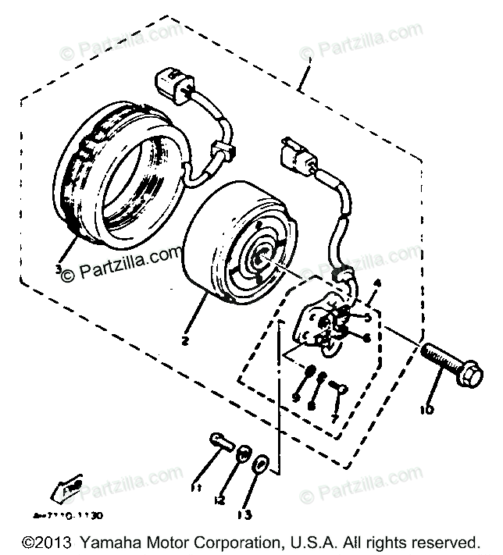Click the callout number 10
(x=432, y=409)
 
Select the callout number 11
(x=195, y=489)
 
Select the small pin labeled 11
(x=222, y=443)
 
